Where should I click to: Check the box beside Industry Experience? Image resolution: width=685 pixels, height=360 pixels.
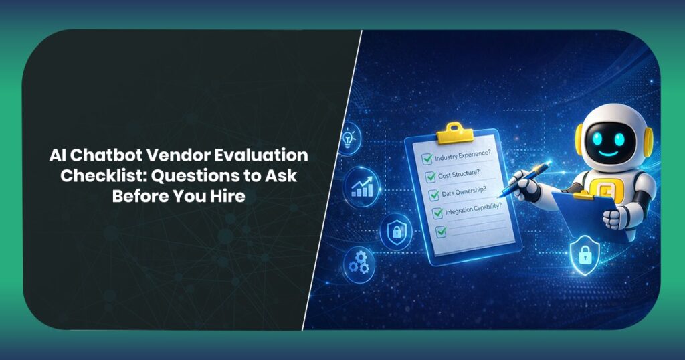pos(425,160)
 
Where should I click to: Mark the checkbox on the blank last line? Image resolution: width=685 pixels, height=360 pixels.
pos(440,232)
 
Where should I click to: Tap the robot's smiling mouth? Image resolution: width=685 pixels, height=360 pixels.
pos(609,153)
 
